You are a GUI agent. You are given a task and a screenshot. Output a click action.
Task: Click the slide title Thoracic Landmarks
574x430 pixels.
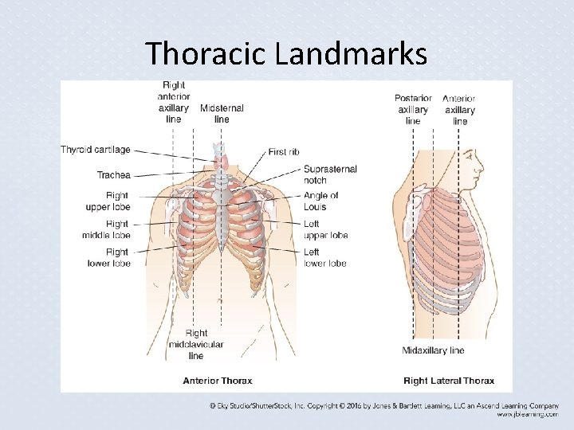286,53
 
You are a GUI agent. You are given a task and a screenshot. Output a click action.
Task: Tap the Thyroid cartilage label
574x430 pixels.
96,150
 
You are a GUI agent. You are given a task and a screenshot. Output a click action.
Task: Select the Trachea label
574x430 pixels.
114,175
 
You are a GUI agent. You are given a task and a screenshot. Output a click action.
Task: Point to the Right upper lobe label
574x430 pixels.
108,201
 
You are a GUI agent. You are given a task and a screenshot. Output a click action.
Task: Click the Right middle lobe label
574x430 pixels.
106,229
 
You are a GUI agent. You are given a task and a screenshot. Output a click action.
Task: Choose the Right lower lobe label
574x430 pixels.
108,257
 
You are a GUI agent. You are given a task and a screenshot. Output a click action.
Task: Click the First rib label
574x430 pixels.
284,151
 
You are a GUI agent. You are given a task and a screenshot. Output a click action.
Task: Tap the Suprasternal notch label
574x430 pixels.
330,174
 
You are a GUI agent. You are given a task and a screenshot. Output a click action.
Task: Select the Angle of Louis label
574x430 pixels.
320,201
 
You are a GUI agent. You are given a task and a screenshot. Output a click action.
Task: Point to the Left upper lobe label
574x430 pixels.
325,229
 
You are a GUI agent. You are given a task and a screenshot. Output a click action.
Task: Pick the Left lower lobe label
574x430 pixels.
324,257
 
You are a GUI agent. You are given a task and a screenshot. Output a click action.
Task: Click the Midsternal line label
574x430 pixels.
222,113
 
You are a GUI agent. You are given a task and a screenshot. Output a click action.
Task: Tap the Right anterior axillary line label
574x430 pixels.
174,102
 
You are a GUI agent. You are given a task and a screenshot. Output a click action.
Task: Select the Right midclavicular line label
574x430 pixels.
196,344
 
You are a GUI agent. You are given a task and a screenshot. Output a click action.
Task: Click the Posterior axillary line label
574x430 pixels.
413,110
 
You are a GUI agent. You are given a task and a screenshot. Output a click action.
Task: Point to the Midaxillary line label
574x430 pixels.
433,350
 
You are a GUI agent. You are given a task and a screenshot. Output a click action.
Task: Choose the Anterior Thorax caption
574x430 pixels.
218,381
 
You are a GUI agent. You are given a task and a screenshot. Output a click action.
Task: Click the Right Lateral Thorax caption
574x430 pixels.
448,381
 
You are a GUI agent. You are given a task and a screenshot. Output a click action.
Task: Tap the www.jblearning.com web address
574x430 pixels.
527,414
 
